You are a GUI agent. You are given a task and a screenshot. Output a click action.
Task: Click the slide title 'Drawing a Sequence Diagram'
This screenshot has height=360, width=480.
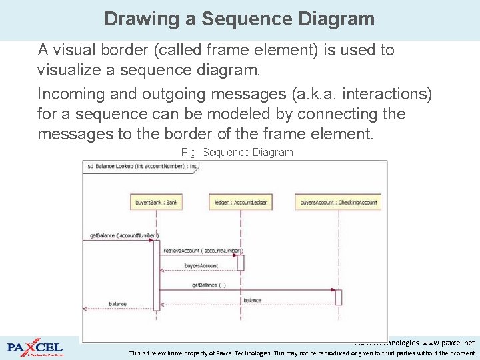tap(239, 19)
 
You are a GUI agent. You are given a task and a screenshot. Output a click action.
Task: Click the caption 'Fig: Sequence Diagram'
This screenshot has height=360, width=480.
tap(237, 153)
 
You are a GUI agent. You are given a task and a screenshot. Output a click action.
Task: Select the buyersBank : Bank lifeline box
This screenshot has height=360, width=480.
tap(156, 202)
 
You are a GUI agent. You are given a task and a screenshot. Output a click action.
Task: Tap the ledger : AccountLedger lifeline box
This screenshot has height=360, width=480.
tap(241, 202)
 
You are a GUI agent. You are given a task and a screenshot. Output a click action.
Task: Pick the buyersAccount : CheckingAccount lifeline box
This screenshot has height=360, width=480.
tap(338, 202)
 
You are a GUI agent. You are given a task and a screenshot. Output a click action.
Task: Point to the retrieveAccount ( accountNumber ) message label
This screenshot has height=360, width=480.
tap(203, 251)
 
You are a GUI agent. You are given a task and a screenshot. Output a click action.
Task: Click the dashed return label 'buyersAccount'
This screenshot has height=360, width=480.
tap(201, 266)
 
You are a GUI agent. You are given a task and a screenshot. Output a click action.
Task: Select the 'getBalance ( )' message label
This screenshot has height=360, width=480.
tap(209, 285)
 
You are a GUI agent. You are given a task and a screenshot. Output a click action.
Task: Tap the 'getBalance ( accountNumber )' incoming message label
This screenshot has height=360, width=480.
tap(123, 235)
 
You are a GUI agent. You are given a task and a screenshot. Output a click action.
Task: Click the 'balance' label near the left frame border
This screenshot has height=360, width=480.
tap(117, 304)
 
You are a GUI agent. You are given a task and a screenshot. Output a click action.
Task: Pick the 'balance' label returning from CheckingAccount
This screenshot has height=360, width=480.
tap(252, 301)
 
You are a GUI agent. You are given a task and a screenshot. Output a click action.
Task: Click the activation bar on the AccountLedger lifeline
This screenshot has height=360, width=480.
tap(241, 262)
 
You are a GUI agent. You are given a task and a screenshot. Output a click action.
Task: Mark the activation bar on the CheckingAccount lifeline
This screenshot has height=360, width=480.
tap(338, 297)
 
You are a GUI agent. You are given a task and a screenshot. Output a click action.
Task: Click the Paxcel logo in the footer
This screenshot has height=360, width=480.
tap(35, 348)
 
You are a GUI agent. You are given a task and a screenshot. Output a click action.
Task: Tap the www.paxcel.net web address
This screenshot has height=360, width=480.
tap(449, 342)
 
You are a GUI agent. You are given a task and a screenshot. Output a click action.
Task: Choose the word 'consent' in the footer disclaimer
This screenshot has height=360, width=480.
tap(462, 353)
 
